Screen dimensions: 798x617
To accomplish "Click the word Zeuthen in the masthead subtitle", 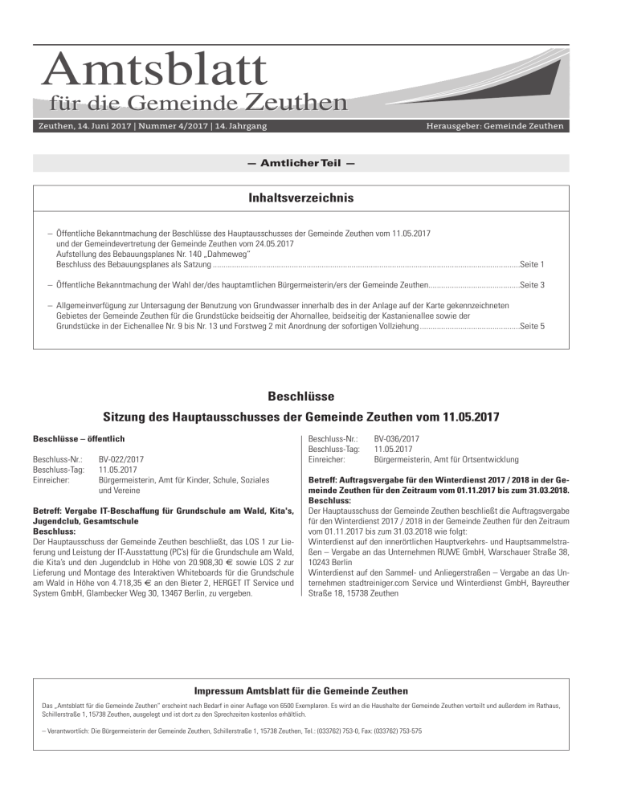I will point(296,103).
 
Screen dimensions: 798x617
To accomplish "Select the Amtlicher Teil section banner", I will point(300,163).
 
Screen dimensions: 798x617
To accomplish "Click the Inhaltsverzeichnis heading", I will point(300,197).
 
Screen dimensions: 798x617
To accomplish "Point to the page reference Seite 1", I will point(533,263).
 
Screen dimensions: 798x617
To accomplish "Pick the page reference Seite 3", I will point(533,285).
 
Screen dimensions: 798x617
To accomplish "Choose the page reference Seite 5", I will point(533,327).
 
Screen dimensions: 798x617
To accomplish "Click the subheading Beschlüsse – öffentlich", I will point(77,440).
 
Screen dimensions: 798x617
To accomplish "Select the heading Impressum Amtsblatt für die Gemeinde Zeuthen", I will point(300,691).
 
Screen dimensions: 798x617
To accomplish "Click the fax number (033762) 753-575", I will point(398,731).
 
